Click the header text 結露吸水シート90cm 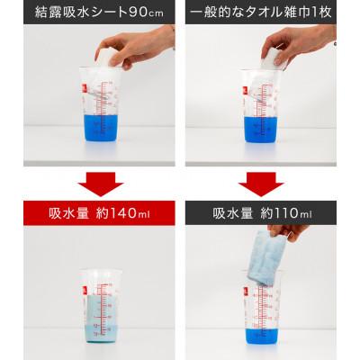88,13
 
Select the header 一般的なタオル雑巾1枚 270,13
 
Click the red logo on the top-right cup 247,89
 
